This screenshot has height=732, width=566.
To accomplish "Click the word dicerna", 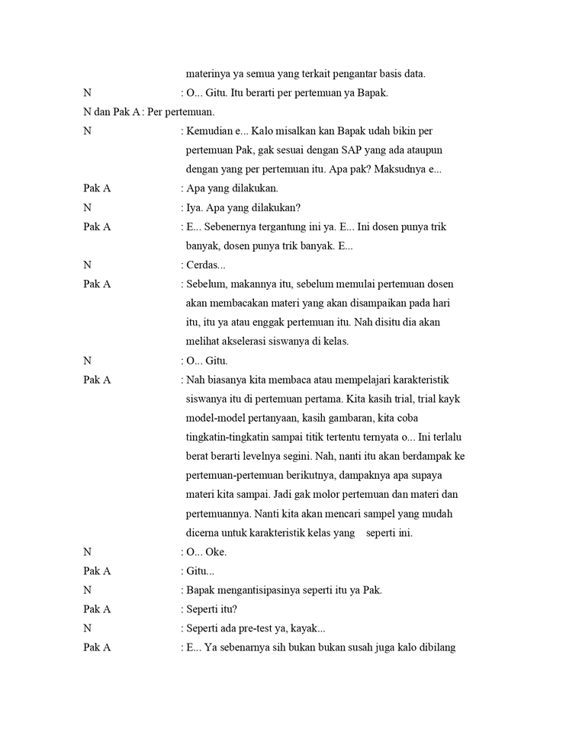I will coord(204,533).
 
